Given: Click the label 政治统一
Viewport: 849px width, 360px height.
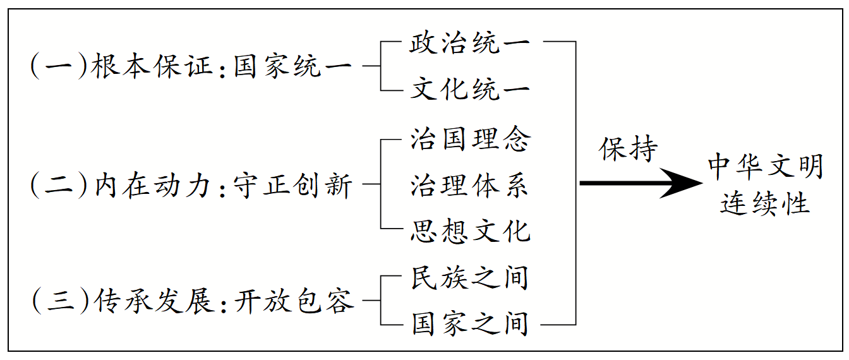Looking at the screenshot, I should [469, 44].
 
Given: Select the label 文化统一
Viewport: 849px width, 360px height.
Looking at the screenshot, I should [469, 89].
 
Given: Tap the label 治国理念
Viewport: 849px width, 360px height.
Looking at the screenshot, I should [469, 139].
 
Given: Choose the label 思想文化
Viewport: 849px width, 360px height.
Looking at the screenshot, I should [469, 231].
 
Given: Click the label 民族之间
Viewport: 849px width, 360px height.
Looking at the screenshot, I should [469, 279].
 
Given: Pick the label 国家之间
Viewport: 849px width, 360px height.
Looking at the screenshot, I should [469, 324].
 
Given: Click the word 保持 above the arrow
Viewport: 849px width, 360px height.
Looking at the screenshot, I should [629, 150].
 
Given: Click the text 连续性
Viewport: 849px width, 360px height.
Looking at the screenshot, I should [765, 204].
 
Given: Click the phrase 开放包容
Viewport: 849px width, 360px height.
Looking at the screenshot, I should [293, 302].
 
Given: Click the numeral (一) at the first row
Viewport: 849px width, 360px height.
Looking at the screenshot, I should [57, 66].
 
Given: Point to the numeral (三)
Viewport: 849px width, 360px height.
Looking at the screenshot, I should [57, 302].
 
